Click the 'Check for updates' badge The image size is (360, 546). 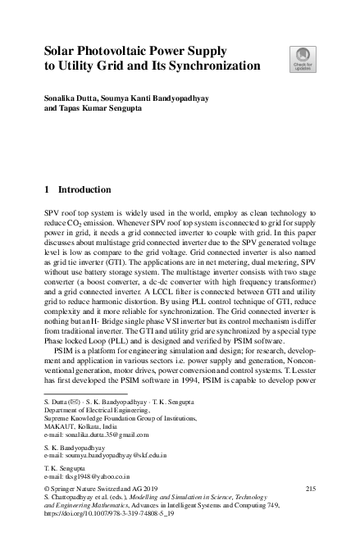click(301, 59)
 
